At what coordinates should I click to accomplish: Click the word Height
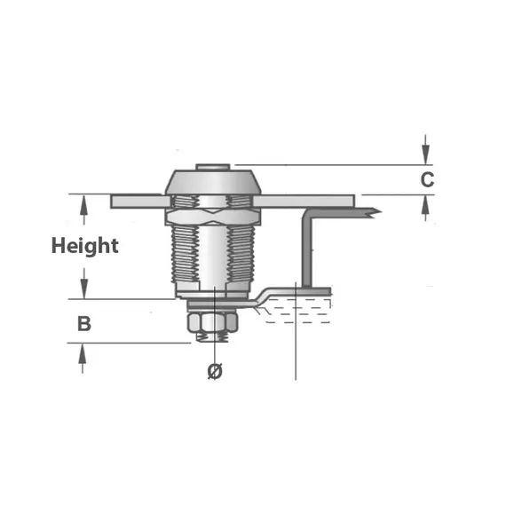coord(85,246)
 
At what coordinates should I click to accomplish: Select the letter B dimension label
coord(84,324)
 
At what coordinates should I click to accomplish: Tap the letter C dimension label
coord(427,179)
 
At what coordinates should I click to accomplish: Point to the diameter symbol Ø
coord(215,371)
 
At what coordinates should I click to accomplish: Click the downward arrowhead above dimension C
coord(426,154)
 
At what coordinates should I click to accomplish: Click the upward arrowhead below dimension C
coord(426,205)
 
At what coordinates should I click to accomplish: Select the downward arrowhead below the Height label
coord(84,289)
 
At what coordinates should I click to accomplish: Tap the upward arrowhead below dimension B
coord(83,353)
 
